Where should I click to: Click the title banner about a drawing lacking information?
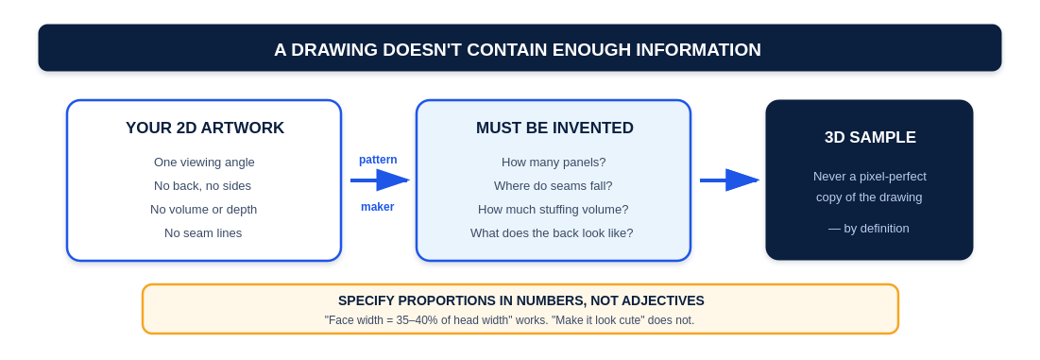point(520,48)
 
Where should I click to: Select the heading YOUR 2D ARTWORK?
point(205,128)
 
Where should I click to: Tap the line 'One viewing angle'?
point(204,163)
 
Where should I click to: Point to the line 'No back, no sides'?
point(202,185)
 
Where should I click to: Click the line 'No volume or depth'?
point(204,210)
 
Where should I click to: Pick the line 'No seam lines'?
point(203,233)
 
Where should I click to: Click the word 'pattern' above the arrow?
point(378,160)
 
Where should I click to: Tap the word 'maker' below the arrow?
point(378,207)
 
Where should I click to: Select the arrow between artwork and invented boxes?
point(380,180)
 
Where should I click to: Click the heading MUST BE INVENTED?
point(554,128)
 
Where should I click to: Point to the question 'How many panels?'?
point(554,163)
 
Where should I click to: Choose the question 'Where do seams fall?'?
point(554,185)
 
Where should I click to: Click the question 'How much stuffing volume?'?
point(554,210)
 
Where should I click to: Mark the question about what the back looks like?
point(552,233)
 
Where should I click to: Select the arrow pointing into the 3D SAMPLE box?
point(729,180)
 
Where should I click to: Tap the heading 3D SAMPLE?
point(870,137)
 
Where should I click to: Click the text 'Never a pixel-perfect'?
point(870,177)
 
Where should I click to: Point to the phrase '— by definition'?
point(869,229)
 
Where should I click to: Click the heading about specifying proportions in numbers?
point(521,301)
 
